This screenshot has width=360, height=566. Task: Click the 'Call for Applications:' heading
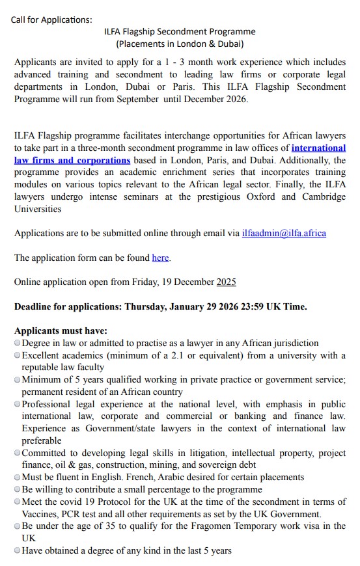[x=51, y=20]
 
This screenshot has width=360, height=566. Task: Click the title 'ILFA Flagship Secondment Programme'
[x=180, y=31]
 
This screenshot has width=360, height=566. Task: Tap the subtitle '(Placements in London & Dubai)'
[x=180, y=44]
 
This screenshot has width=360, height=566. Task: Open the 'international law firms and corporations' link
[x=72, y=159]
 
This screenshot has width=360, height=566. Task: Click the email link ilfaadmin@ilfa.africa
[x=284, y=233]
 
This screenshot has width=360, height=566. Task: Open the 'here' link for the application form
[x=160, y=258]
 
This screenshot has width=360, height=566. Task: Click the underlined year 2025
[x=226, y=282]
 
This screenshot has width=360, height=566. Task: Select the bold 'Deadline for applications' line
[x=160, y=306]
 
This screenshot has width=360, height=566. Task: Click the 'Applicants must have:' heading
[x=61, y=330]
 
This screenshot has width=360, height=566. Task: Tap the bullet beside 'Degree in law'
[x=17, y=343]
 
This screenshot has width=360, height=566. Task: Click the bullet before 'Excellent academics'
[x=17, y=355]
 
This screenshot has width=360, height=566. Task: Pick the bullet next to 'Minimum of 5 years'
[x=17, y=379]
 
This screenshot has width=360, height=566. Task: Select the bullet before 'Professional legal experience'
[x=17, y=404]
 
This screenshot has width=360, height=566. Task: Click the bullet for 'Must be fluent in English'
[x=17, y=477]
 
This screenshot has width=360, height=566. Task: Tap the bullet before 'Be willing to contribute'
[x=17, y=489]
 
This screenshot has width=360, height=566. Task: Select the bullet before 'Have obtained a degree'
[x=17, y=550]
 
